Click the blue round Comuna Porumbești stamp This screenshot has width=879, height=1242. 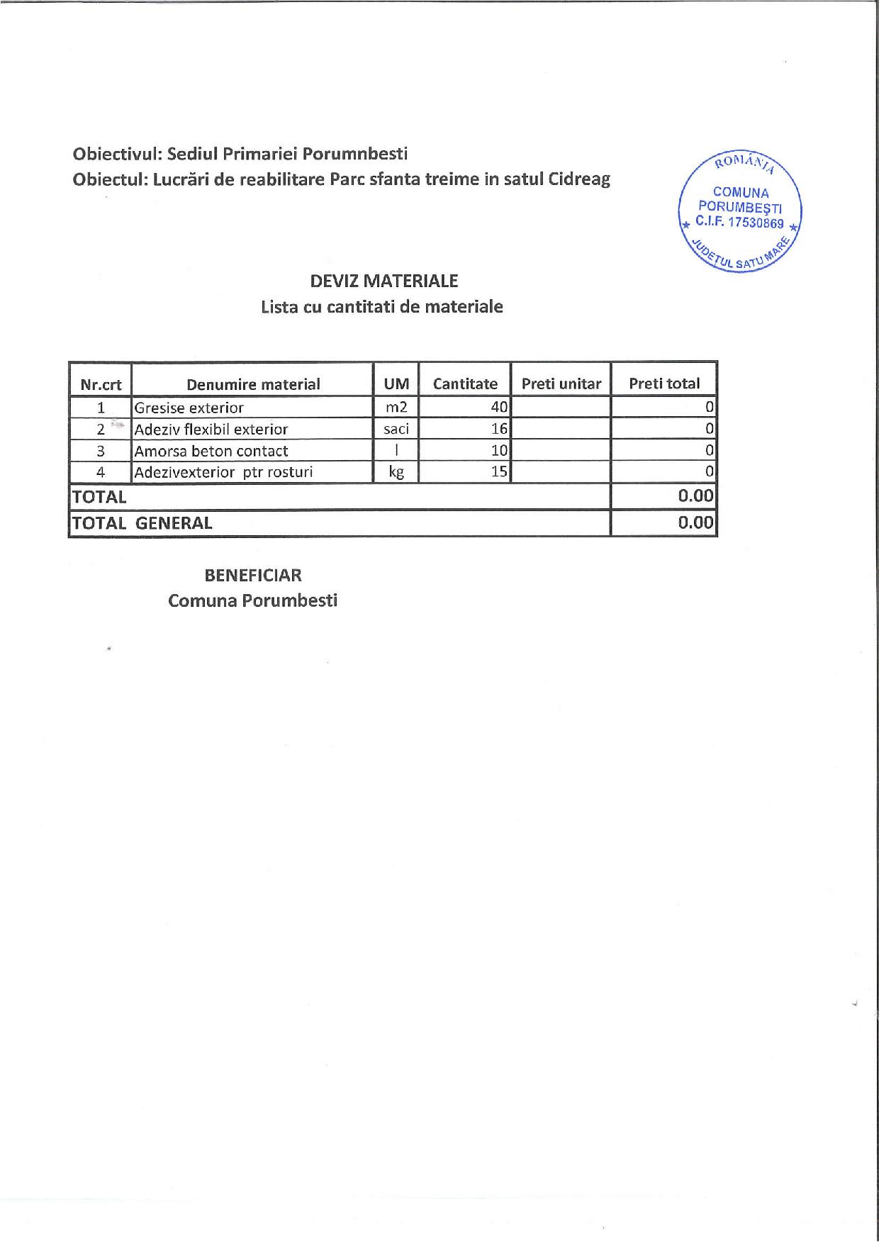click(740, 211)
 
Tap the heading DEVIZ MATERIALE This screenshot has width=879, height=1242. click(384, 281)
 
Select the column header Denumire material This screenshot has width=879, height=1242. click(253, 384)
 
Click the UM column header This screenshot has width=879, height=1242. click(396, 384)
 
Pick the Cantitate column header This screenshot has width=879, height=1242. click(465, 384)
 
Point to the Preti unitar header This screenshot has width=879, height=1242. click(561, 384)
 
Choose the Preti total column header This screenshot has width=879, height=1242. click(664, 384)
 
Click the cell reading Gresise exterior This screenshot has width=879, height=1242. click(189, 408)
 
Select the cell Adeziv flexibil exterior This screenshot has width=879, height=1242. click(211, 430)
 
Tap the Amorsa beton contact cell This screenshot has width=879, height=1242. click(211, 451)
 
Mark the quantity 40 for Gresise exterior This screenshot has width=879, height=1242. click(500, 408)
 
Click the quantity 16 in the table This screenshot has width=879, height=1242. click(500, 429)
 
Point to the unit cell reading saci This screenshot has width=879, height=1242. click(396, 429)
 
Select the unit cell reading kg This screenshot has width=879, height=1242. click(396, 472)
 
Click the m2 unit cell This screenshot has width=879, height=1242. click(396, 408)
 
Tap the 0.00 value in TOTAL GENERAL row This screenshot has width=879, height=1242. click(695, 523)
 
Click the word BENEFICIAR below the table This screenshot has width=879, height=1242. click(253, 575)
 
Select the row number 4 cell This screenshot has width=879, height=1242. click(101, 472)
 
